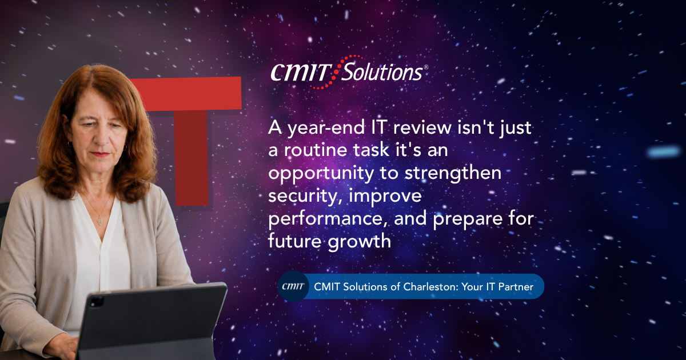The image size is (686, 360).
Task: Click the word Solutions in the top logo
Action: (x=382, y=72)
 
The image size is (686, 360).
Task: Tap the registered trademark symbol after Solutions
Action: (x=426, y=67)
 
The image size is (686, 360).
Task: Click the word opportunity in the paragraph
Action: (x=321, y=174)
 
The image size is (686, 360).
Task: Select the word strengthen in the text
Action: (x=453, y=173)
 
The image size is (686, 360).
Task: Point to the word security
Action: (x=302, y=197)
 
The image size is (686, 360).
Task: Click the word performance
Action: (x=328, y=219)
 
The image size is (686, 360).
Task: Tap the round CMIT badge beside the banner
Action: (x=293, y=286)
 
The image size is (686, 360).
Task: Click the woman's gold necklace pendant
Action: (x=100, y=221)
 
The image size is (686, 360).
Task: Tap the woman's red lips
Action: (x=100, y=154)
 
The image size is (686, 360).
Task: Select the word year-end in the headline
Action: (x=326, y=129)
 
